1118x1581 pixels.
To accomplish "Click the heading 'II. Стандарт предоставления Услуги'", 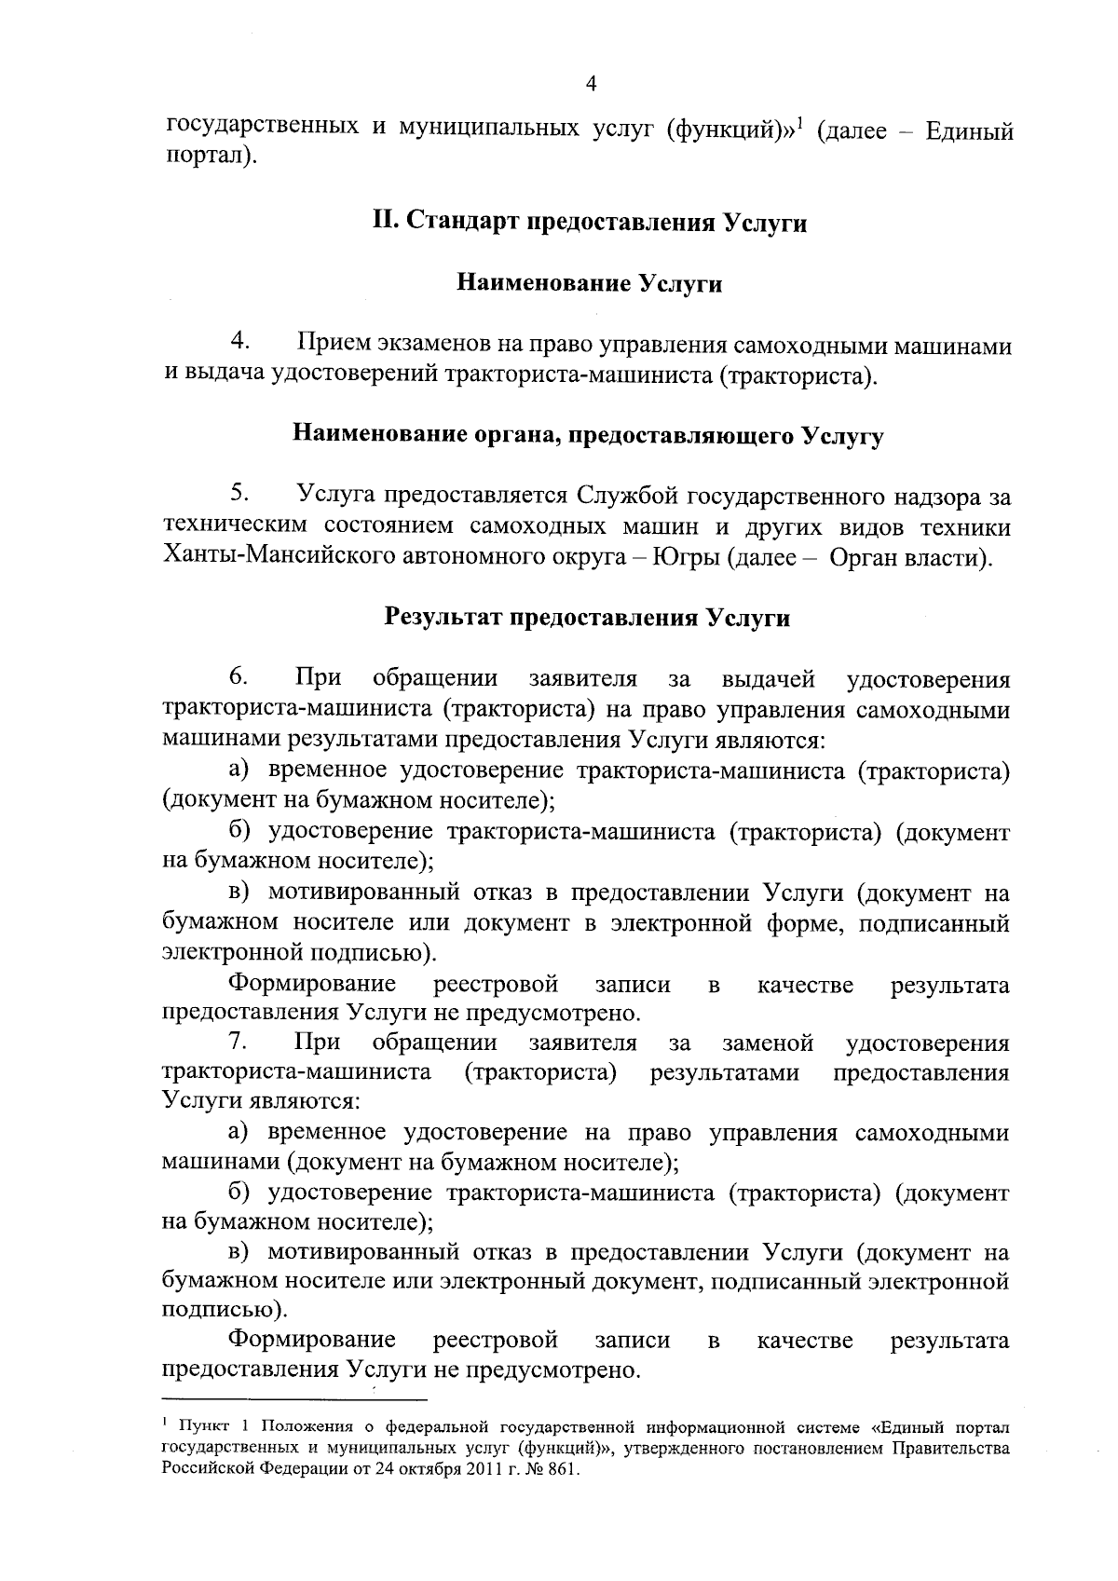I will [589, 223].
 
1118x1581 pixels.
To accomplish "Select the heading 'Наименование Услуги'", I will [589, 283].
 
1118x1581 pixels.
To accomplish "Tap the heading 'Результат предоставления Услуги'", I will [588, 618].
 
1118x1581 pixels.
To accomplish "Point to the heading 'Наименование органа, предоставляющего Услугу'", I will [588, 435].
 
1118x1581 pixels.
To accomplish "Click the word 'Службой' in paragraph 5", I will [624, 494].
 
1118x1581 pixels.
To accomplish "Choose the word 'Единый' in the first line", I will [969, 131].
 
